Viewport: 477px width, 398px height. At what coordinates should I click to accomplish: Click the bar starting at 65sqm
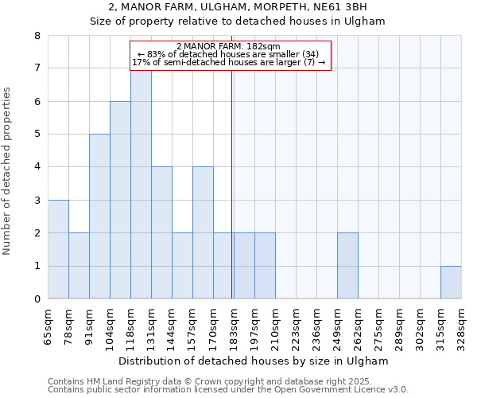[58, 249]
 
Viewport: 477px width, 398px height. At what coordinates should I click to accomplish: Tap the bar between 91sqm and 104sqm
[99, 217]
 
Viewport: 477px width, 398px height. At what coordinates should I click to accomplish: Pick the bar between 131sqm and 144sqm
[161, 232]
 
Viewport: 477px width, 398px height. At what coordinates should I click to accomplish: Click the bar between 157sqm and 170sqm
[203, 232]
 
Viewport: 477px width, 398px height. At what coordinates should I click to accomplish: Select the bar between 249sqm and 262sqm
[347, 266]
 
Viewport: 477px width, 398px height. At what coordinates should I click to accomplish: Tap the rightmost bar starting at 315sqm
[451, 283]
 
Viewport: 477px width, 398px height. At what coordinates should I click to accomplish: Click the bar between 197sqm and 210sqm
[265, 266]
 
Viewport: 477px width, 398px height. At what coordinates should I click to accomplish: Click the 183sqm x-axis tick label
[234, 324]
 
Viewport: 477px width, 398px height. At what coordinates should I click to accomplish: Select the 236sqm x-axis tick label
[316, 324]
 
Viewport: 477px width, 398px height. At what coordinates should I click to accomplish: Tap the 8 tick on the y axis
[37, 36]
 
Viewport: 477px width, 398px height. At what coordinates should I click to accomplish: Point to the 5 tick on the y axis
[37, 135]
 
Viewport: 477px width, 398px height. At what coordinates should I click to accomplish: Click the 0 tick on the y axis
[37, 299]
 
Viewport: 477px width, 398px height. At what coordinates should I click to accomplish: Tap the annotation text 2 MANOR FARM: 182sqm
[228, 47]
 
